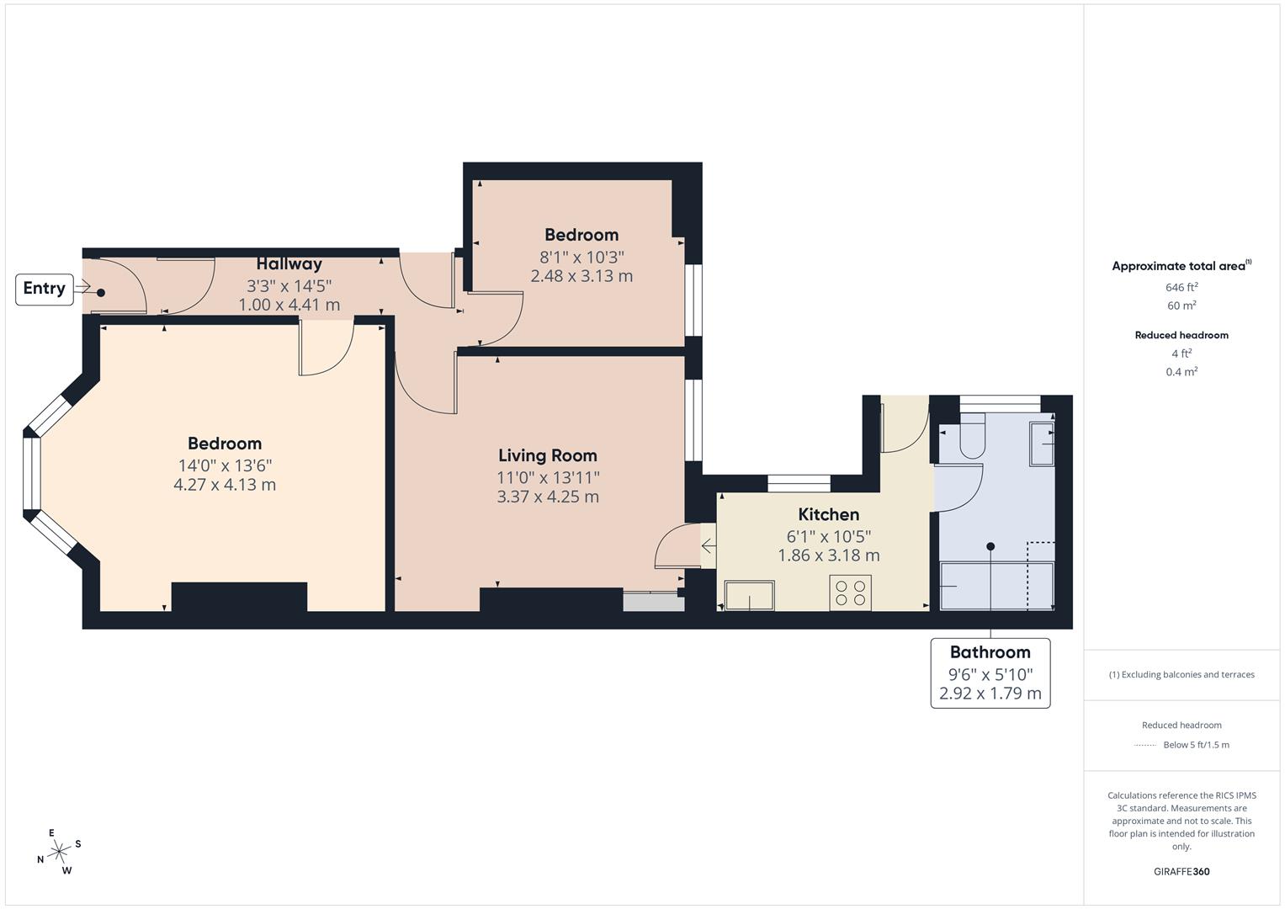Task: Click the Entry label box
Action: [44, 289]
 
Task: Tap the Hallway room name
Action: [289, 264]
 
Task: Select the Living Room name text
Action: [547, 455]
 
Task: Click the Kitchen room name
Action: [828, 514]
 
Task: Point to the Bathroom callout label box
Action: [990, 673]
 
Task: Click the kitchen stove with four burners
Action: [850, 593]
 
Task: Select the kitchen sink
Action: [749, 595]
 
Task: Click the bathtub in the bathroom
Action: [996, 586]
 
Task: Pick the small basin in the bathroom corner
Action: [1042, 443]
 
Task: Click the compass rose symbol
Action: [59, 852]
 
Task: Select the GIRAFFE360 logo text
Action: [1181, 871]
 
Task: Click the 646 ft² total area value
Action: [1181, 287]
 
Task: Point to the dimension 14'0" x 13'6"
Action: [225, 465]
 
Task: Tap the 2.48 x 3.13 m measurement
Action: [581, 276]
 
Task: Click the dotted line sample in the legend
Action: [1145, 745]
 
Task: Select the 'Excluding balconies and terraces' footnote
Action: [1181, 674]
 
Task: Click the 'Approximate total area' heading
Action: [1180, 266]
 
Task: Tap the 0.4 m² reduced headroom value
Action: [1181, 372]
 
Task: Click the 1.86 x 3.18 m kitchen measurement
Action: [828, 555]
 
